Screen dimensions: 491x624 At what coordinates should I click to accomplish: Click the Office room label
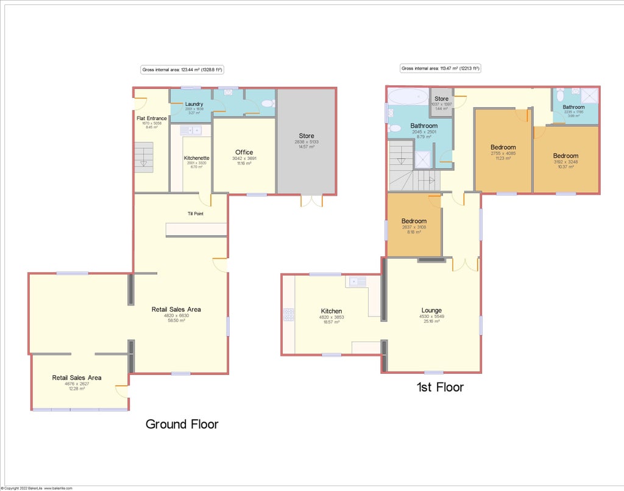click(x=244, y=152)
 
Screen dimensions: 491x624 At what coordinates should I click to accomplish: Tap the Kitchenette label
click(x=196, y=158)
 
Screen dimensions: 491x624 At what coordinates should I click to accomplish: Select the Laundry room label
click(x=194, y=104)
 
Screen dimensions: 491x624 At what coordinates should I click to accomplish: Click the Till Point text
click(x=195, y=214)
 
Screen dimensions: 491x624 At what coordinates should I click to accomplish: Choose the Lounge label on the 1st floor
click(x=431, y=310)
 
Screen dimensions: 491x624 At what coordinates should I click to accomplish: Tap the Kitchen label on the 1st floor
click(x=331, y=311)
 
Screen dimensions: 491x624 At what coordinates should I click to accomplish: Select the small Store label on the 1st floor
click(x=441, y=99)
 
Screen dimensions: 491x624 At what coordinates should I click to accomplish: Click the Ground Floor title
click(x=182, y=424)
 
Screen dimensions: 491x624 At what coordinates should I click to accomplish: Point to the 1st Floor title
click(x=439, y=387)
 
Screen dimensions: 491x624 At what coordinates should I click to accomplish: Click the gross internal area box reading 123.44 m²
click(x=182, y=70)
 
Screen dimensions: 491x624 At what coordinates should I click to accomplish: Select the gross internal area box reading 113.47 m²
click(x=441, y=69)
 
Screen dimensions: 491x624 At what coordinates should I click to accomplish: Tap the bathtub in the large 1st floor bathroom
click(x=408, y=96)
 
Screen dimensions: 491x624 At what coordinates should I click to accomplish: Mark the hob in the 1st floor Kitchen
click(x=288, y=315)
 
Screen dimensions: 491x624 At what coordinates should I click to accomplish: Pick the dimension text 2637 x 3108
click(x=414, y=227)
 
